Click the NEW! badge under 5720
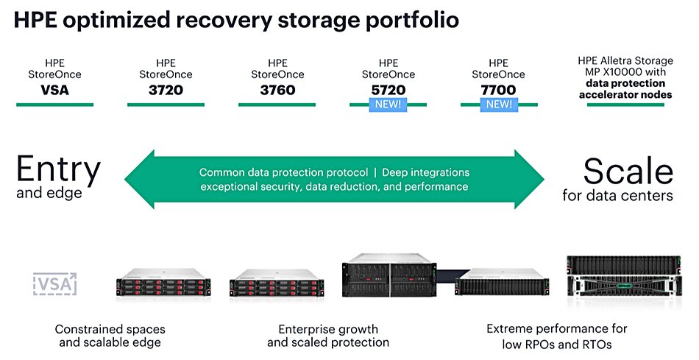[388, 105]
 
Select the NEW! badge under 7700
[498, 105]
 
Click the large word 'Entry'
[58, 170]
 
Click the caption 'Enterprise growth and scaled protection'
[327, 336]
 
